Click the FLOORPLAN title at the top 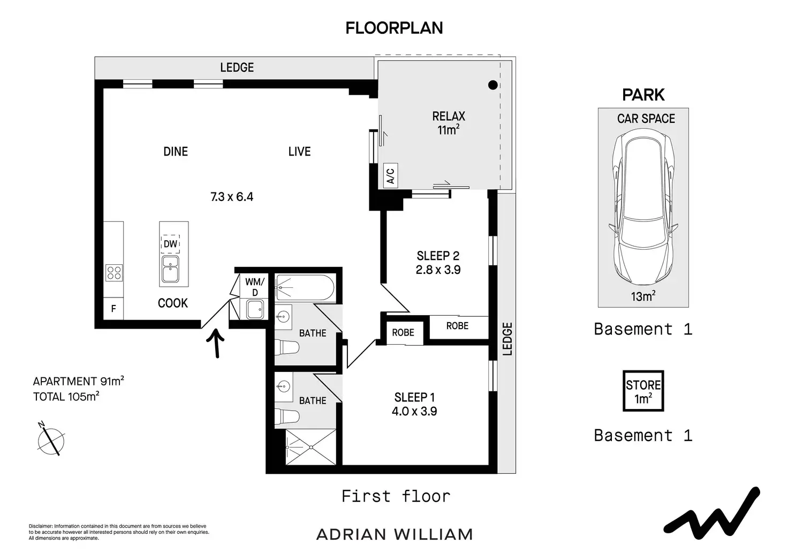point(394,28)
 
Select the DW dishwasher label point(170,244)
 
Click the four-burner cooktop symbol point(114,273)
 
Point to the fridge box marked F point(113,309)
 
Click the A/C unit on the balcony point(390,175)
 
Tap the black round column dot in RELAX point(493,85)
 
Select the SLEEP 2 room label point(438,256)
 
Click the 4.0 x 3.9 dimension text point(414,412)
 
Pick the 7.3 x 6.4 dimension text point(232,197)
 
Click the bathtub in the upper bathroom point(305,288)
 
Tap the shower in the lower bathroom point(310,447)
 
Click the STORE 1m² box point(643,391)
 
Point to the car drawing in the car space point(643,207)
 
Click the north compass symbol point(51,440)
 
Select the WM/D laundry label point(255,287)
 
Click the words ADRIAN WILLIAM point(395,534)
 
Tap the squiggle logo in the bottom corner point(712,513)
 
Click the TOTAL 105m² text point(66,397)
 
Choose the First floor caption point(396,496)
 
